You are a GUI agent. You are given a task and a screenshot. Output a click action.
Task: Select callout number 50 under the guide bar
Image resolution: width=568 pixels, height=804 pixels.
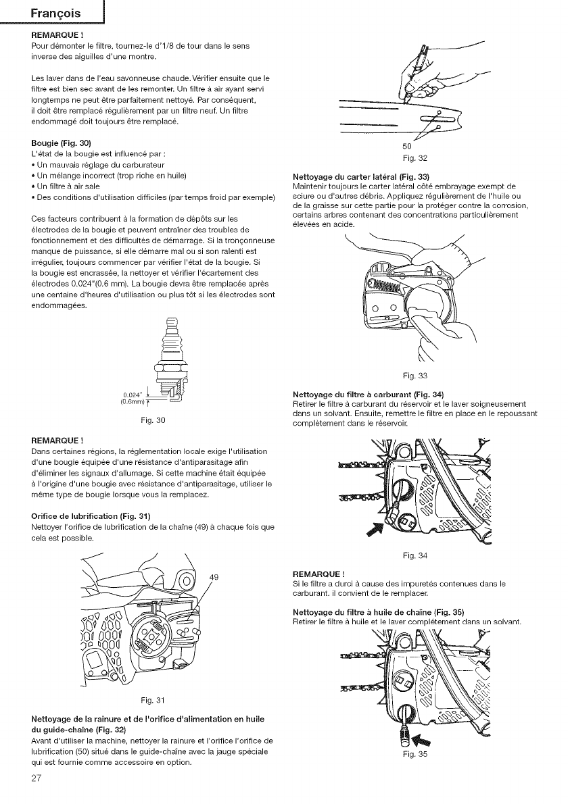(x=406, y=147)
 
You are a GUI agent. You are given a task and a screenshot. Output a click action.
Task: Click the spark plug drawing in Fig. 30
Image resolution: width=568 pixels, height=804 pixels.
(x=166, y=361)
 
